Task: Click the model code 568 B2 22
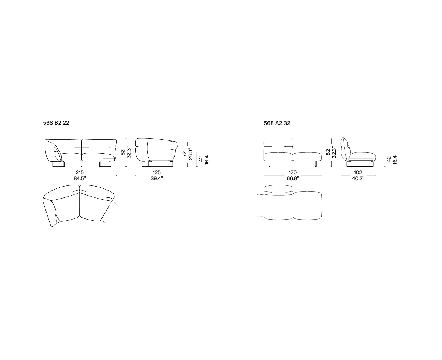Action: click(56, 123)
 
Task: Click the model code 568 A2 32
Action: click(277, 123)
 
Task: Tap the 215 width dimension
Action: click(80, 172)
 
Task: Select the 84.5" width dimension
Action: click(80, 178)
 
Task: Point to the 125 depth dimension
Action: click(157, 172)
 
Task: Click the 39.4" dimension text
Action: click(157, 178)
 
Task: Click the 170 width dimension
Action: click(293, 172)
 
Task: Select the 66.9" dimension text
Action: click(293, 178)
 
